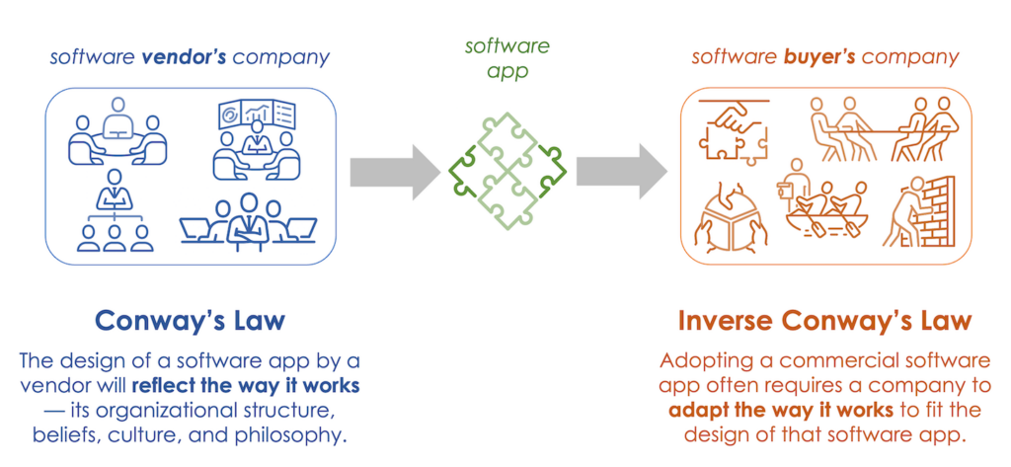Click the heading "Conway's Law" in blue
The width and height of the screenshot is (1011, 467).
(190, 321)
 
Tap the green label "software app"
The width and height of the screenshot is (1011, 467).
(505, 58)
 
